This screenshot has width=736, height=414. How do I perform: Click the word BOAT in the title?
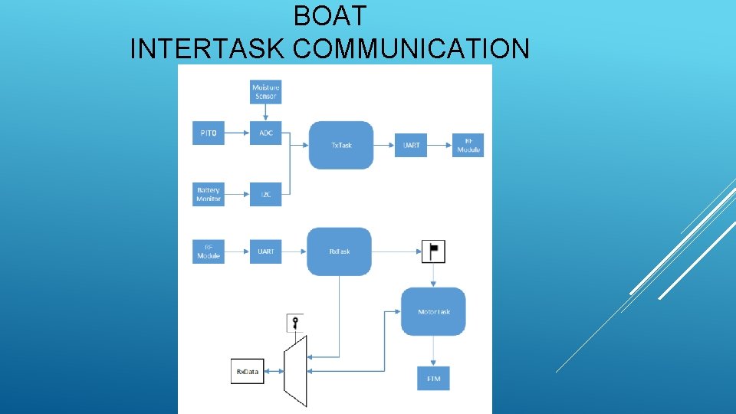330,15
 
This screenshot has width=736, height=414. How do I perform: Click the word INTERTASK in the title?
208,49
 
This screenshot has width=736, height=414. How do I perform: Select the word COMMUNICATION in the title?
411,49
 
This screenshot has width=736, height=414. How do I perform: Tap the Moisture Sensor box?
266,91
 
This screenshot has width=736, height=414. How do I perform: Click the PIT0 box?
209,133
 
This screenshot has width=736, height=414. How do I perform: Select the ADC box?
266,133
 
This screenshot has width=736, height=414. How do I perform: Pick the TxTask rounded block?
341,145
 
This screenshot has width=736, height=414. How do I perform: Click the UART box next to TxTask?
411,145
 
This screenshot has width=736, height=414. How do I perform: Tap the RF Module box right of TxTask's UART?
468,145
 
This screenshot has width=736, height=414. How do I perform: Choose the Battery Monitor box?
209,194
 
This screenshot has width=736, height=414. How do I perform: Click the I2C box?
266,194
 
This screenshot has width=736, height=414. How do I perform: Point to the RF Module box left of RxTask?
209,251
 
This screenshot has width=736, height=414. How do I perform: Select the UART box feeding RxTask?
266,251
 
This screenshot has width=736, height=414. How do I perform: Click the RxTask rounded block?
340,251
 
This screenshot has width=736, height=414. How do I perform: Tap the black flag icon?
433,251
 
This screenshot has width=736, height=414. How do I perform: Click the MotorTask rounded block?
433,311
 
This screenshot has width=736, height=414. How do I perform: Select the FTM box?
433,379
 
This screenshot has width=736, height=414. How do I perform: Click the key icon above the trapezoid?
294,322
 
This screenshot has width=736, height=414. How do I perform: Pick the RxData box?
247,372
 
